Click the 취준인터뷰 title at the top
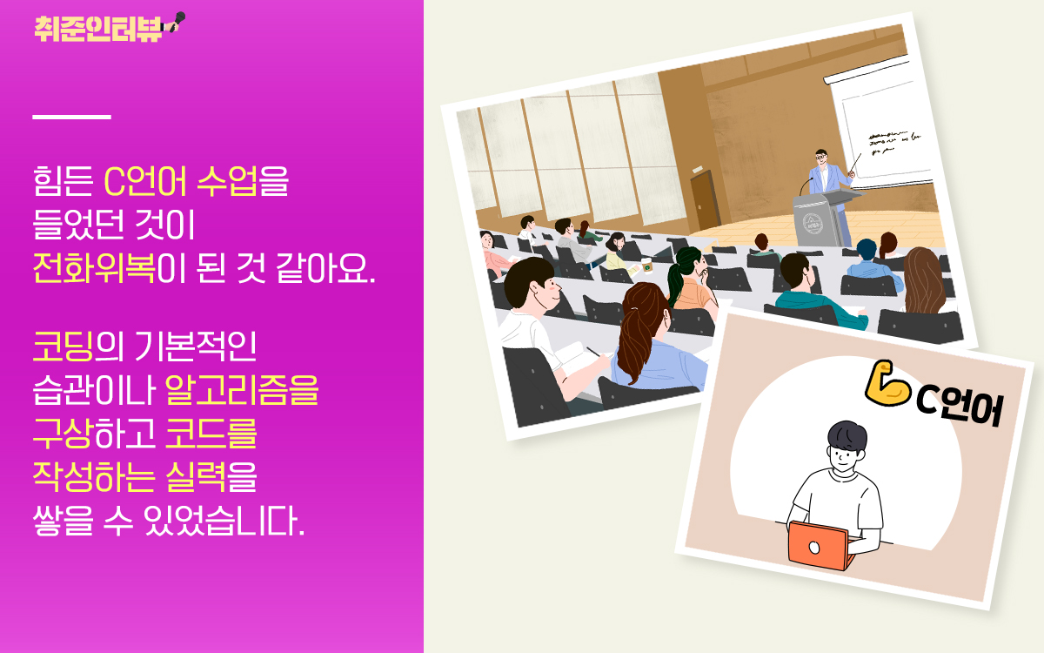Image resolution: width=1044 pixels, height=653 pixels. pyautogui.click(x=98, y=27)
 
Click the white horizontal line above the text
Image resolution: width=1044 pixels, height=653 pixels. pyautogui.click(x=71, y=116)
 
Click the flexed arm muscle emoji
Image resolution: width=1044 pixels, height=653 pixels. pyautogui.click(x=887, y=384)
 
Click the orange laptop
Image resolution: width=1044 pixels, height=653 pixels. pyautogui.click(x=818, y=545)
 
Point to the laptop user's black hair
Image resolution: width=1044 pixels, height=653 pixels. pyautogui.click(x=847, y=436)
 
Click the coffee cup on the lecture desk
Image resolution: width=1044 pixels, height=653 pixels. pyautogui.click(x=646, y=265)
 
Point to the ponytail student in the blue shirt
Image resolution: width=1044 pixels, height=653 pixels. pyautogui.click(x=652, y=340)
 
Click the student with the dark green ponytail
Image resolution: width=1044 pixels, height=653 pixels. pyautogui.click(x=692, y=279)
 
